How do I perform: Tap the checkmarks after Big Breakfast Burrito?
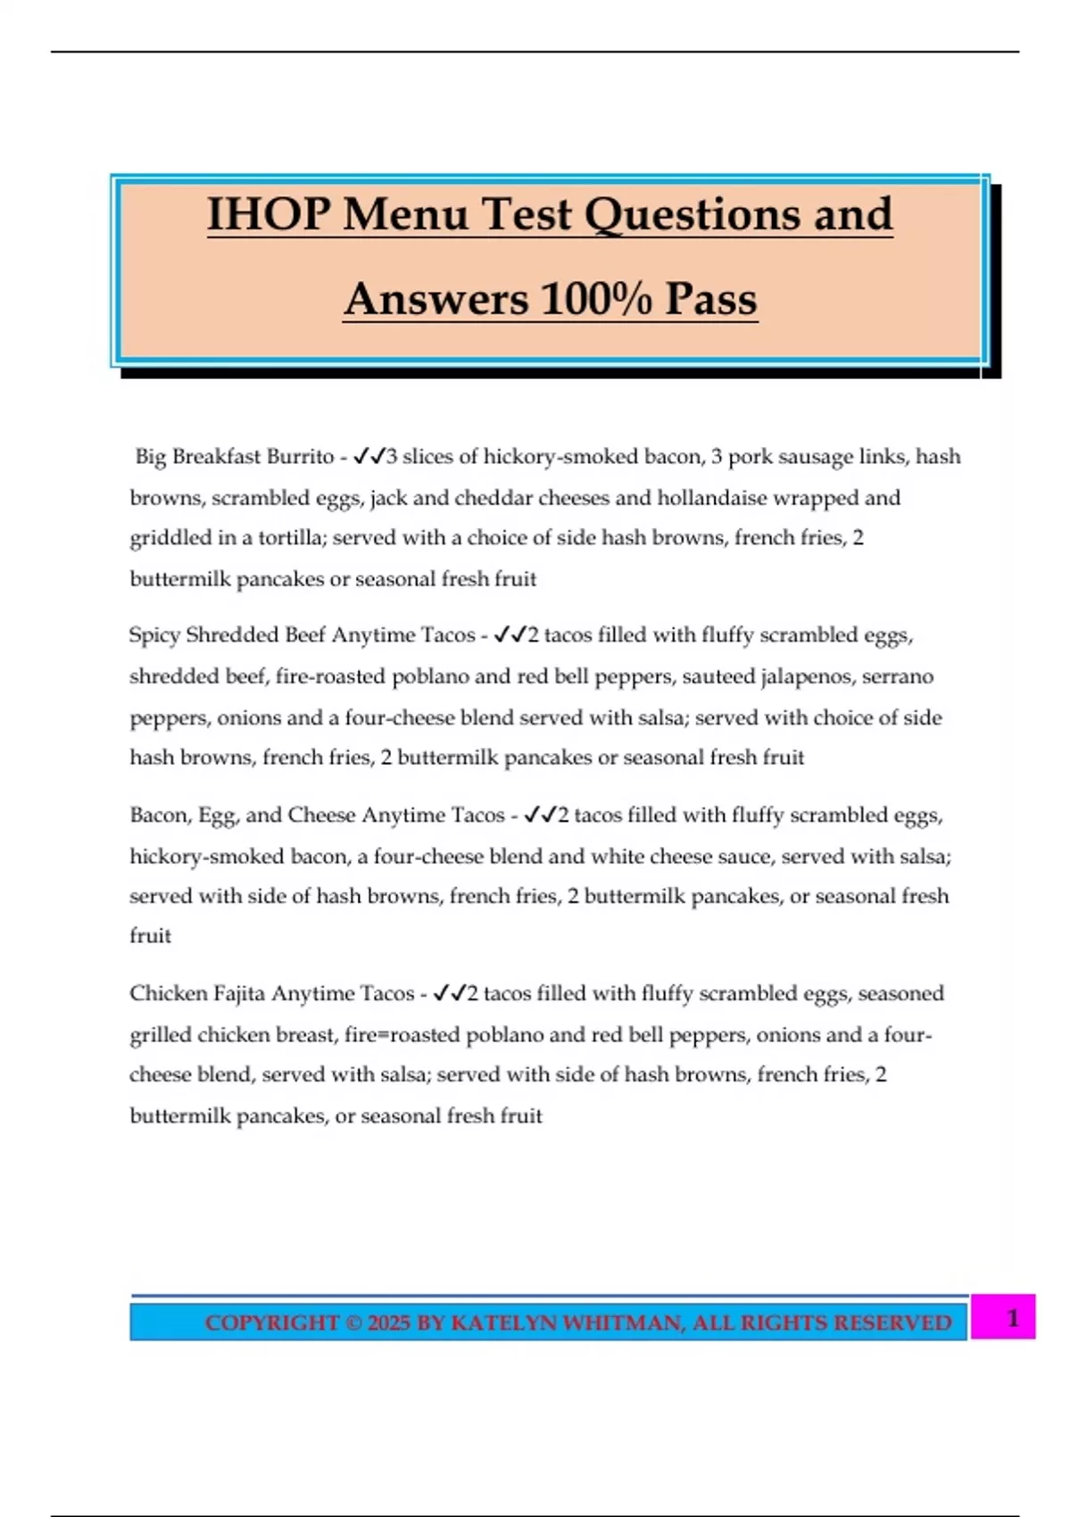(x=369, y=457)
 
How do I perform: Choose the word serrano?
(x=898, y=676)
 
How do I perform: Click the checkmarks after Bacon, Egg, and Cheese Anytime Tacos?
(x=540, y=815)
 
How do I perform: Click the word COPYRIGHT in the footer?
(x=271, y=1322)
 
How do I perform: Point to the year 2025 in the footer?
(x=389, y=1322)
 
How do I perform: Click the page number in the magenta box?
(x=1012, y=1318)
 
